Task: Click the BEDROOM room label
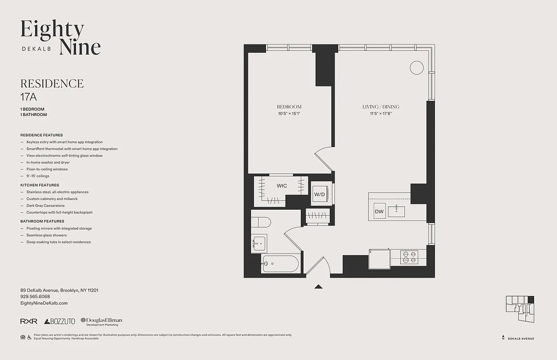(289, 107)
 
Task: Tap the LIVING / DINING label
(381, 107)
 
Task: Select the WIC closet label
(282, 186)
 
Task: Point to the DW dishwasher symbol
(379, 211)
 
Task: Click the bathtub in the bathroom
(280, 264)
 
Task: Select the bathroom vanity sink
(259, 243)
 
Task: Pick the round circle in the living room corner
(417, 67)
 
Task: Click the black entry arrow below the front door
(319, 286)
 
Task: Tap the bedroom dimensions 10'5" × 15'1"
(289, 114)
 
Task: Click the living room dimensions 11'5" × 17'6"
(381, 114)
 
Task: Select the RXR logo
(29, 321)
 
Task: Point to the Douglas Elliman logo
(101, 321)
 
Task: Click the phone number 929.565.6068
(35, 297)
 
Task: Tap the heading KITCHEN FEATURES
(40, 185)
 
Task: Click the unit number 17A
(28, 96)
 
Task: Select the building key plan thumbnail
(520, 308)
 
